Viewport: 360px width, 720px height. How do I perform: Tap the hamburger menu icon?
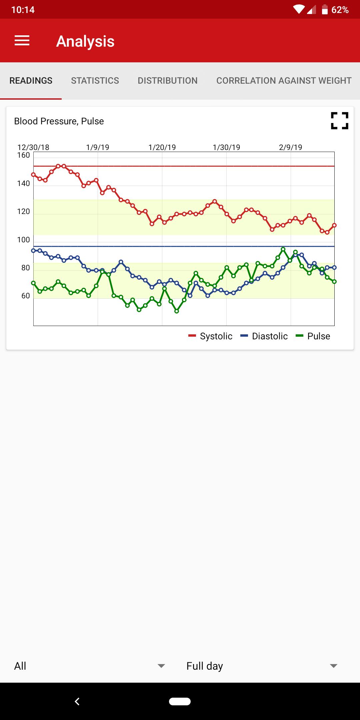pyautogui.click(x=22, y=41)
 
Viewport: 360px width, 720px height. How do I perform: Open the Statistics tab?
pyautogui.click(x=95, y=81)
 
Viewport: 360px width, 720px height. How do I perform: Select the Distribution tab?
pyautogui.click(x=168, y=81)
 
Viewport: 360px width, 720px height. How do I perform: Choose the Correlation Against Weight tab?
pyautogui.click(x=284, y=81)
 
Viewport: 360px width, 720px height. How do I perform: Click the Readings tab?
pyautogui.click(x=31, y=81)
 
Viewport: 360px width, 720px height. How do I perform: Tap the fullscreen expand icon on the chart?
pyautogui.click(x=339, y=121)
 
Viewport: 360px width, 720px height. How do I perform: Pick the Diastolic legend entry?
pyautogui.click(x=264, y=336)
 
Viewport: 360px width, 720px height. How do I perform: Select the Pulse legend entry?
pyautogui.click(x=313, y=336)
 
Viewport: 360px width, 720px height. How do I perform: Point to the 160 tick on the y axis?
pyautogui.click(x=24, y=155)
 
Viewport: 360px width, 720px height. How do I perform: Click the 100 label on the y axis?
pyautogui.click(x=24, y=240)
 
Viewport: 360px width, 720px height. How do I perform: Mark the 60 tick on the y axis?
pyautogui.click(x=25, y=296)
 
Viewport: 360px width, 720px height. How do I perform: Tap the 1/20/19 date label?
pyautogui.click(x=162, y=147)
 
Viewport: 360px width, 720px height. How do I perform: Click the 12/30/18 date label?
pyautogui.click(x=33, y=147)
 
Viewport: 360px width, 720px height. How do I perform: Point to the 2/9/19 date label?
pyautogui.click(x=291, y=147)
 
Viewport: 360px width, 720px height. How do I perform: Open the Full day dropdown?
pyautogui.click(x=262, y=666)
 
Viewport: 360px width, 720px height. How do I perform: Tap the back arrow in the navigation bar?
pyautogui.click(x=77, y=702)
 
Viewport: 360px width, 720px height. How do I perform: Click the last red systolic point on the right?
pyautogui.click(x=334, y=225)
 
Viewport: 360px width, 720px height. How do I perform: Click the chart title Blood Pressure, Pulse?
pyautogui.click(x=59, y=121)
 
